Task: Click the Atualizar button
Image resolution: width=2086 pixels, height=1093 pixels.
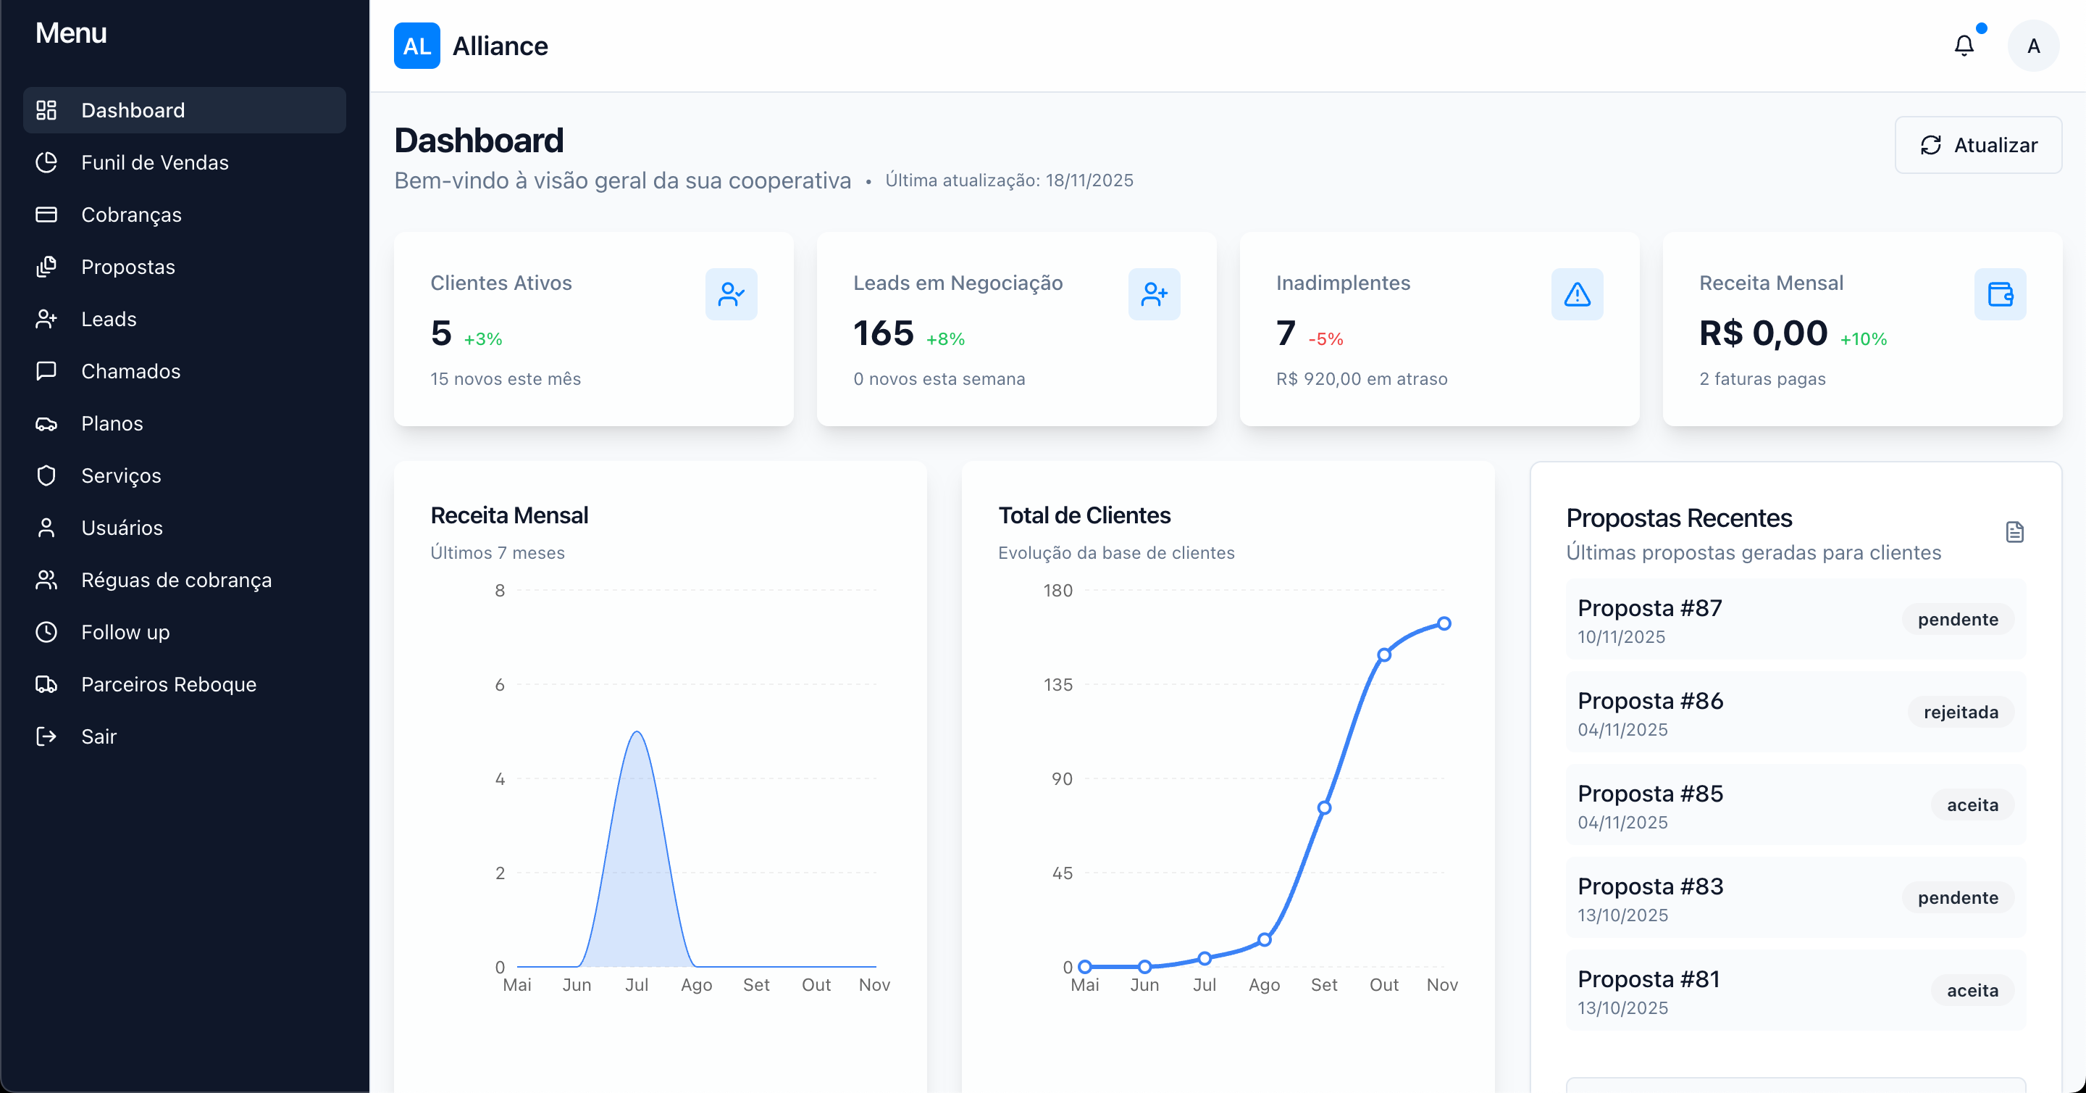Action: (x=1977, y=145)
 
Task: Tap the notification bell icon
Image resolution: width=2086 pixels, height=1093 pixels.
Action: (x=1964, y=46)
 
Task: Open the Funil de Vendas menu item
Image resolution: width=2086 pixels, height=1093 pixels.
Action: (x=155, y=163)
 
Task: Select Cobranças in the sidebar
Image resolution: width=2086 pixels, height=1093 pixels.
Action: (x=131, y=215)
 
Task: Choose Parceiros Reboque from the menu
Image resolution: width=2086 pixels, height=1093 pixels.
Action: (x=169, y=685)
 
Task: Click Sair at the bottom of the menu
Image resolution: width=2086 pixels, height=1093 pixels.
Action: (x=99, y=736)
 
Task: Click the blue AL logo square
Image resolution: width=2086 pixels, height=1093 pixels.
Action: (x=416, y=46)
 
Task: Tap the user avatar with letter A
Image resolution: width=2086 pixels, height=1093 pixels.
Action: (x=2032, y=46)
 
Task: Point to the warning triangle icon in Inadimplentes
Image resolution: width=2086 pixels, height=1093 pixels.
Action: (x=1577, y=294)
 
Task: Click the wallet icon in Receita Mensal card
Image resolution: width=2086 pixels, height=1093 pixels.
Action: (x=1999, y=294)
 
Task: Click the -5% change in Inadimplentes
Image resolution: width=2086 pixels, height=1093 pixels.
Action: (x=1325, y=339)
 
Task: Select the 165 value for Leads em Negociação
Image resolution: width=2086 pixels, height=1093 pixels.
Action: (x=883, y=333)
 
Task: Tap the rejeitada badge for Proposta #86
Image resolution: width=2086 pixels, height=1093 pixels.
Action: (x=1961, y=712)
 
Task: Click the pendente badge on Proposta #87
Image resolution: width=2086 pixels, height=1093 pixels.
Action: (x=1957, y=620)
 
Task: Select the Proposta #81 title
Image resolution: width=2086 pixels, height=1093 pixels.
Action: (x=1648, y=979)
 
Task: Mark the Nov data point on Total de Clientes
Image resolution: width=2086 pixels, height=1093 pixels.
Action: (x=1444, y=624)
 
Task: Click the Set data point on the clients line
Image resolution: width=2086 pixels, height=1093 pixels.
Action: (x=1324, y=808)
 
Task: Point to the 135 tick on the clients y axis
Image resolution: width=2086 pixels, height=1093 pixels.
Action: (x=1057, y=686)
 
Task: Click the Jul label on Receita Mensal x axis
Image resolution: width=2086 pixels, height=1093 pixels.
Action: (x=637, y=985)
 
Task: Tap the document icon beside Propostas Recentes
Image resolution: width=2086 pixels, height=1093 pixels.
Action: (x=2014, y=532)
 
